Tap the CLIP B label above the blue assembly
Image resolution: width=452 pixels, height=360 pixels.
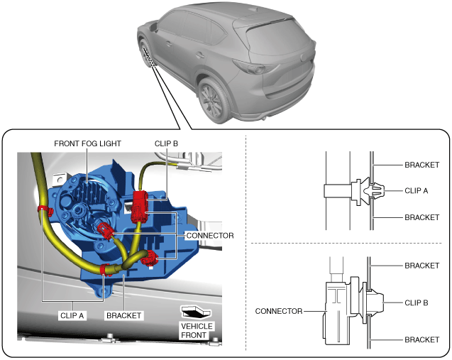[167, 143]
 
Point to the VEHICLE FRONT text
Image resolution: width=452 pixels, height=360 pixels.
[197, 330]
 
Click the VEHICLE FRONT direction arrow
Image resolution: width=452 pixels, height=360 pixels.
[197, 311]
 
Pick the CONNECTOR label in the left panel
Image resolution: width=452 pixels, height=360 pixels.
[210, 235]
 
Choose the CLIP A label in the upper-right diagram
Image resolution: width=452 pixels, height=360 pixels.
[416, 190]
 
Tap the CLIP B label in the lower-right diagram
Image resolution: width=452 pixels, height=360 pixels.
[416, 302]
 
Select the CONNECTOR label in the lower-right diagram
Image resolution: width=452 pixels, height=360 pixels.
[278, 311]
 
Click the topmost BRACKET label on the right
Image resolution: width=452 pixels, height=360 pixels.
[422, 165]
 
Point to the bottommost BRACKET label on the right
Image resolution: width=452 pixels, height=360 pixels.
[422, 340]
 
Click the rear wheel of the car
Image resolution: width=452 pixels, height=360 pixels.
[214, 99]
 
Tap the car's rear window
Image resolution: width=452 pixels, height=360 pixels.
[273, 36]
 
